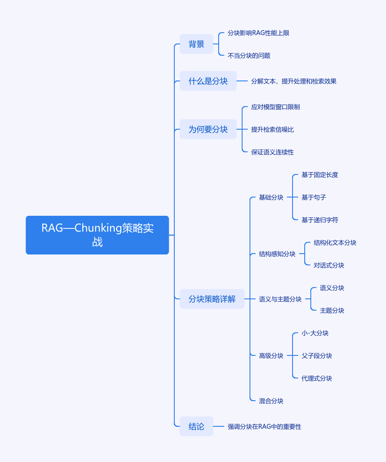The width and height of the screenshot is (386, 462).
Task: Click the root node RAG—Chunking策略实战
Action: point(97,235)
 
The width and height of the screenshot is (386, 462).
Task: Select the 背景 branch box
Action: point(196,44)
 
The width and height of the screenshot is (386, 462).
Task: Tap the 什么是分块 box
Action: point(208,81)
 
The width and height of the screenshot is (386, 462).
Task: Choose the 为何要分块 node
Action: point(208,129)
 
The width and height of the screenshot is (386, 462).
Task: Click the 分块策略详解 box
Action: point(212,299)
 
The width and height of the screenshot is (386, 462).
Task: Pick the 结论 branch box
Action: point(196,426)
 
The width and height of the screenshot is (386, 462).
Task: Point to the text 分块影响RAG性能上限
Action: point(258,33)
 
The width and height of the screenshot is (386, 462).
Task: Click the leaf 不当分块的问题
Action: point(249,56)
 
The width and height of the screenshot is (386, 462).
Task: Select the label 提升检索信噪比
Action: point(273,130)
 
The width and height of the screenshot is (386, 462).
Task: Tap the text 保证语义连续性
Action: point(273,152)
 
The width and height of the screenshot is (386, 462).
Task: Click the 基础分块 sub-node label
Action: point(271,198)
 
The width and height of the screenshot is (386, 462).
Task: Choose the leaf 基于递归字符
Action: point(320,220)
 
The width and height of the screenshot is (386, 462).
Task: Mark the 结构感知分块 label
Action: point(277,254)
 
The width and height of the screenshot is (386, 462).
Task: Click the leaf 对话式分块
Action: point(329,265)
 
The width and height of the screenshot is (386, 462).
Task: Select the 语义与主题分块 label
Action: point(280,299)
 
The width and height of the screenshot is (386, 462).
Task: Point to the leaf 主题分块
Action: point(332,311)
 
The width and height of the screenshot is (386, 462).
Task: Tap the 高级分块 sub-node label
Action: point(271,356)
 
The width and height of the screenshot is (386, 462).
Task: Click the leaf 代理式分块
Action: point(317,378)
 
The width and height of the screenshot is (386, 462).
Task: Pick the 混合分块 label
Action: point(271,401)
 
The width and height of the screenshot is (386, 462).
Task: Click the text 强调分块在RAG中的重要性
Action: point(264,427)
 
